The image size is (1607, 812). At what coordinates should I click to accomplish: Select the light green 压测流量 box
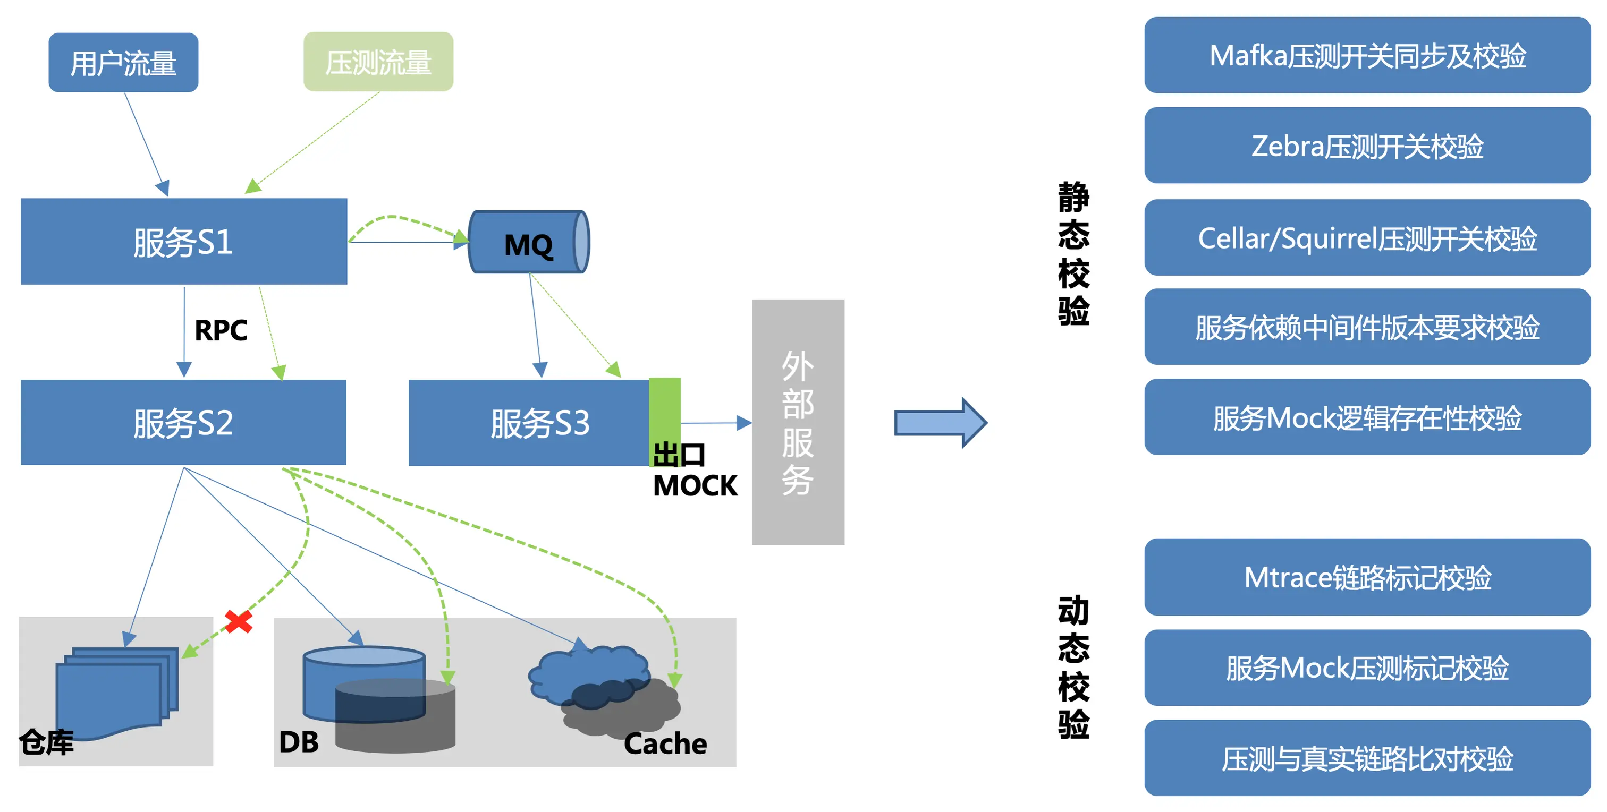pos(378,62)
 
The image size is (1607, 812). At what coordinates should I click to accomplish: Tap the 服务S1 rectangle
pos(183,241)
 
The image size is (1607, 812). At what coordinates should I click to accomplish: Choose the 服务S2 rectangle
pos(183,422)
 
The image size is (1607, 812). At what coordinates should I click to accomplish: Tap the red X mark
pos(238,621)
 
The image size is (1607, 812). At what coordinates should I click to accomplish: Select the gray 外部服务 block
pos(798,422)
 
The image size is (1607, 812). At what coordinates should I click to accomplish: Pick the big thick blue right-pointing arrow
pos(940,423)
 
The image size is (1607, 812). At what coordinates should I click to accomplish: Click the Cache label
pos(665,743)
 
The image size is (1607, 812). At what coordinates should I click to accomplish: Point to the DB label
pos(299,742)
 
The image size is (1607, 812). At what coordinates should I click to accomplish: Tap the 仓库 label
pos(46,742)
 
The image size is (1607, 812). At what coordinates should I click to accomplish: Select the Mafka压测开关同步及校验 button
pos(1367,56)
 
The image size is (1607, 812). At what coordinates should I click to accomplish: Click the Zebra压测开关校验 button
pos(1367,146)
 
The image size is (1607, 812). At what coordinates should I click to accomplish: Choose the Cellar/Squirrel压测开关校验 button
pos(1367,237)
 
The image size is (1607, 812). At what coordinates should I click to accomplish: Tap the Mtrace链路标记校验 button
pos(1367,577)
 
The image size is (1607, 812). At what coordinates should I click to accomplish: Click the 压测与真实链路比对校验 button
pos(1367,758)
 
